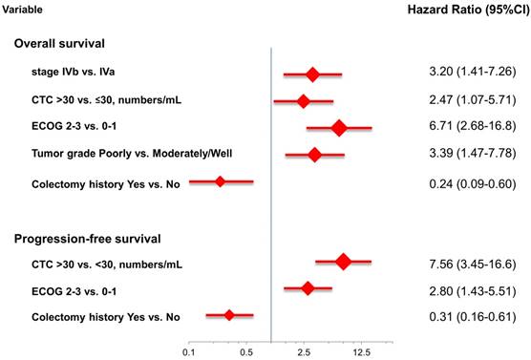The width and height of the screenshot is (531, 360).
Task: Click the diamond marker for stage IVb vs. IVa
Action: (x=312, y=74)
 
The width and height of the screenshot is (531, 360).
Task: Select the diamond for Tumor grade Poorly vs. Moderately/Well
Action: (x=315, y=155)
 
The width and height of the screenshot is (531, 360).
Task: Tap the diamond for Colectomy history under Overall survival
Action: (x=220, y=181)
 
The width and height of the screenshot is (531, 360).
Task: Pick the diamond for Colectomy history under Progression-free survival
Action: (x=229, y=315)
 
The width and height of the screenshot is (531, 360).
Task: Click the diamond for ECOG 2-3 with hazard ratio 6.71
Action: (x=339, y=128)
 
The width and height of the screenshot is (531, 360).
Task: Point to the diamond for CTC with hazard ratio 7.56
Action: (x=344, y=262)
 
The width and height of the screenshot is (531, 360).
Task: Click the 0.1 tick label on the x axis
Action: (x=189, y=352)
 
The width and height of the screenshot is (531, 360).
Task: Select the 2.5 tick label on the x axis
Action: (x=304, y=352)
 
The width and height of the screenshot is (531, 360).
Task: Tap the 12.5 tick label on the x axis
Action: (x=362, y=352)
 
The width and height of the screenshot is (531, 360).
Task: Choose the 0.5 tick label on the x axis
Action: (x=246, y=352)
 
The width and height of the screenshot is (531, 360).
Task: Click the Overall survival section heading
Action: (x=59, y=43)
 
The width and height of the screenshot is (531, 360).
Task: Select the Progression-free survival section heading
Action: (x=87, y=239)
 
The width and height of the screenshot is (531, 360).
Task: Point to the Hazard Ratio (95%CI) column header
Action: (x=469, y=10)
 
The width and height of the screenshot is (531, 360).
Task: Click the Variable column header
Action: (x=22, y=10)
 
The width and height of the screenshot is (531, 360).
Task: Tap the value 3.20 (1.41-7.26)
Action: (x=473, y=72)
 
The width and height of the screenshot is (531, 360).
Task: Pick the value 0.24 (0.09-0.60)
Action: (x=473, y=184)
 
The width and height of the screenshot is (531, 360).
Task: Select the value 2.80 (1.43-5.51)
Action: (x=473, y=291)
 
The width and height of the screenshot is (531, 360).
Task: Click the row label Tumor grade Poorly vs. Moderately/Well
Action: (x=132, y=154)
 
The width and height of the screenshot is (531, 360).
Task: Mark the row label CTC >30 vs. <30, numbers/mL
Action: (x=107, y=264)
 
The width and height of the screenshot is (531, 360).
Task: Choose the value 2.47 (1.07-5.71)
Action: (x=473, y=100)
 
